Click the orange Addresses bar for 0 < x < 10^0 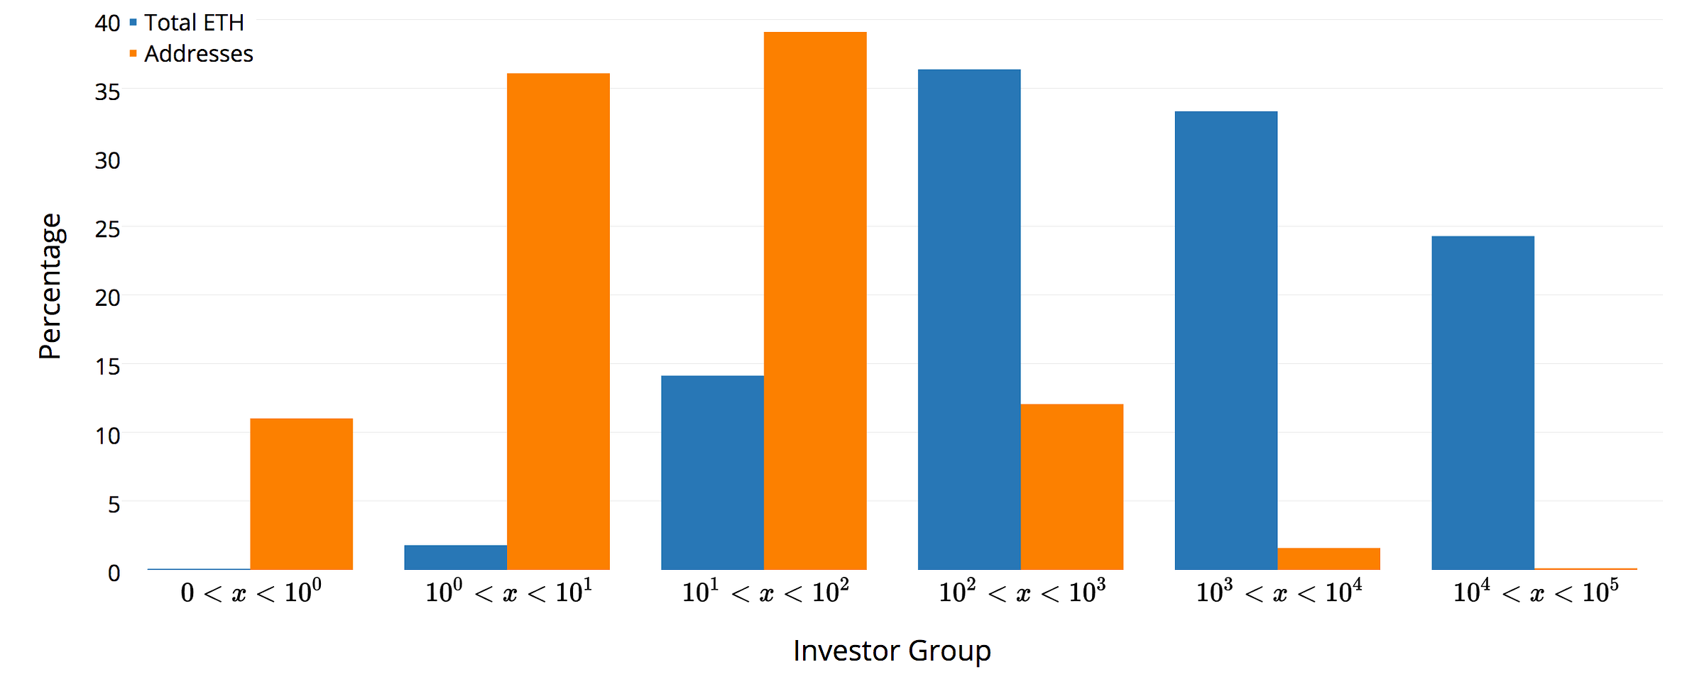[302, 494]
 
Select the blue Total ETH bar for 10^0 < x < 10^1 [456, 558]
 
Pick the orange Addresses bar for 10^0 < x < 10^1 [559, 321]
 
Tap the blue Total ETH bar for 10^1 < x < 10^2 [713, 473]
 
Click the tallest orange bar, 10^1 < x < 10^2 [815, 301]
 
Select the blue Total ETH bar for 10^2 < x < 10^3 [969, 319]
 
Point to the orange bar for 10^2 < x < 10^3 [1072, 487]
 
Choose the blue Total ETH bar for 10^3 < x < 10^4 [1226, 341]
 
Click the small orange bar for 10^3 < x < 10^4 [1329, 559]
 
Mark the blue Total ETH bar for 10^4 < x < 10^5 [1483, 403]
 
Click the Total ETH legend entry [187, 23]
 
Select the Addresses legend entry [191, 54]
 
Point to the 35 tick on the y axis [108, 92]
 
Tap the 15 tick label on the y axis [108, 367]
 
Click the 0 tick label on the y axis [114, 573]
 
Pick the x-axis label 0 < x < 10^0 [251, 590]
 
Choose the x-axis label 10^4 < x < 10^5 [1536, 590]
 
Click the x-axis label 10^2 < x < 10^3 [1022, 590]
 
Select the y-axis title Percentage [51, 287]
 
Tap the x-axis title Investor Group [892, 651]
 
